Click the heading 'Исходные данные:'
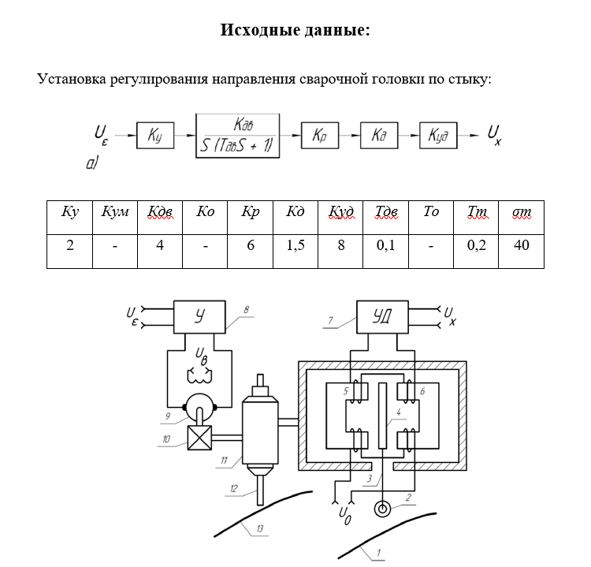(295, 31)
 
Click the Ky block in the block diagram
(154, 136)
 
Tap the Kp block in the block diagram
(319, 136)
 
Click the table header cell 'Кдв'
(160, 213)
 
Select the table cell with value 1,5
(295, 245)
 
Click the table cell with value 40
(520, 245)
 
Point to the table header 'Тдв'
(386, 213)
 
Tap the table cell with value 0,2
(476, 245)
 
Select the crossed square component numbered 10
(197, 437)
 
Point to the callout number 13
(259, 530)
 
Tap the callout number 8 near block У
(246, 310)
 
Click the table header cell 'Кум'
(115, 213)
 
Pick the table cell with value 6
(251, 245)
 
